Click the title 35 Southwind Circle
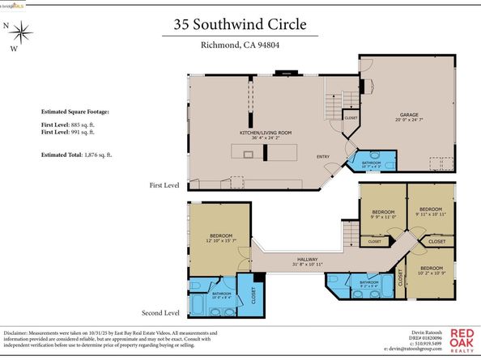(x=240, y=24)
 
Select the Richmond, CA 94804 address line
(x=240, y=45)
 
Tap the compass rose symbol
(x=23, y=33)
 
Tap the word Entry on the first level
(x=322, y=157)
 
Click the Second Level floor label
(x=160, y=312)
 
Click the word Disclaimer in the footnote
(x=19, y=332)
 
